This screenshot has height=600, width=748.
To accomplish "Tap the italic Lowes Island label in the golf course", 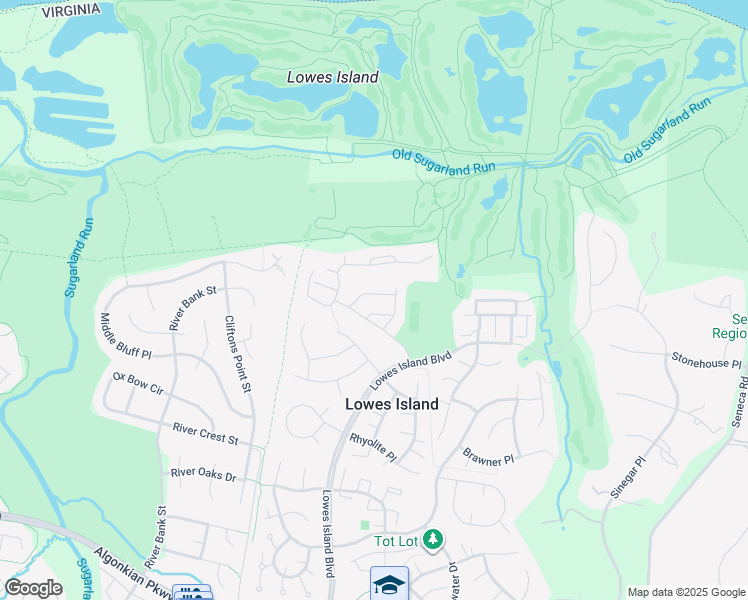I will (332, 77).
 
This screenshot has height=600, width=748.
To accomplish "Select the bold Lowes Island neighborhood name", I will (391, 404).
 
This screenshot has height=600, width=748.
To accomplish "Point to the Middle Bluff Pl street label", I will (125, 337).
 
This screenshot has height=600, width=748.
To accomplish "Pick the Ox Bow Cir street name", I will (138, 384).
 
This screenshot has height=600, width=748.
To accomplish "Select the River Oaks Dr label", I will (203, 474).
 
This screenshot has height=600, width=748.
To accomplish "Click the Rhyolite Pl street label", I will (373, 447).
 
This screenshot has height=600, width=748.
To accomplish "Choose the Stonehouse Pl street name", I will (706, 362).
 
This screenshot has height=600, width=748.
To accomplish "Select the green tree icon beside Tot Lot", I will (432, 541).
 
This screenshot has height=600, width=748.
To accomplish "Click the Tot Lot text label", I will (394, 541).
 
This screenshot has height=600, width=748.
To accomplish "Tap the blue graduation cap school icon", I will (389, 584).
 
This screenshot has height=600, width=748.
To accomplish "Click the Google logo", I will (33, 588).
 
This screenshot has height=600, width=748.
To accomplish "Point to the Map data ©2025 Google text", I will (685, 592).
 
